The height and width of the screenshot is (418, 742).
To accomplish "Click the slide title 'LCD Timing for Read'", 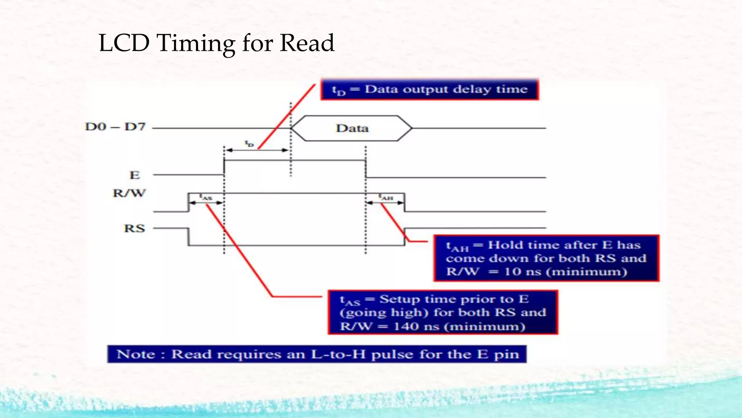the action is coord(216,43).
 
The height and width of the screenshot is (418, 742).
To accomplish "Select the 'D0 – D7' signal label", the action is coord(115,127).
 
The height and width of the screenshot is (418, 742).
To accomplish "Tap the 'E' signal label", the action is coord(135,175).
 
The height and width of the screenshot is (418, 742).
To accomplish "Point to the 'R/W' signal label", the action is coord(129,193).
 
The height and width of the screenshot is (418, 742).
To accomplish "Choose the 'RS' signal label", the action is coord(134,229).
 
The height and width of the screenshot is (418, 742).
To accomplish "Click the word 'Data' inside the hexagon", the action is coord(352,128).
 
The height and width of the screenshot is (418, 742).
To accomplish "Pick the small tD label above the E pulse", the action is coord(249,144).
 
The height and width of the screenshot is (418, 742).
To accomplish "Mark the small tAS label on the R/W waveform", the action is coord(206,197).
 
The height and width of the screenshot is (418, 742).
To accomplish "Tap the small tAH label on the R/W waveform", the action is coord(386,197).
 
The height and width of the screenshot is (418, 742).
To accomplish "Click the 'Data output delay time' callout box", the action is coord(430,89).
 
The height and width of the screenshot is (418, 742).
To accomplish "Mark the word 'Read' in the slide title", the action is coord(307,43).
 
